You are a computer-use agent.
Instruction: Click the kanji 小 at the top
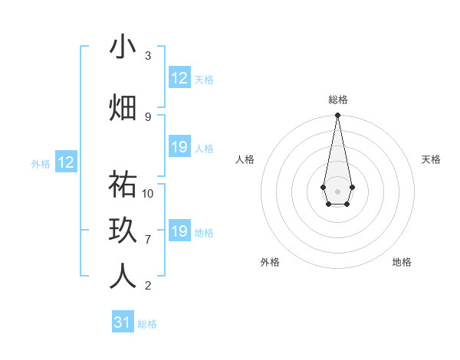click(123, 47)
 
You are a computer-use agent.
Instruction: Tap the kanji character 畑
click(123, 108)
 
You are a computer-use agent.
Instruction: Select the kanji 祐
click(123, 185)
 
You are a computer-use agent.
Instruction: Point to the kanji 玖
click(123, 231)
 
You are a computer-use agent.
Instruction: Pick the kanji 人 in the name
click(123, 277)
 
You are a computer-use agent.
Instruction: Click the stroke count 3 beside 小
click(148, 56)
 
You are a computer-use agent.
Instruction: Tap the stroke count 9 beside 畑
click(148, 116)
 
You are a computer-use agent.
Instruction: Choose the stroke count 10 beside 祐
click(148, 193)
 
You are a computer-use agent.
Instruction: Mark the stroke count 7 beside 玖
click(148, 239)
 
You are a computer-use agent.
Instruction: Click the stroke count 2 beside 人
click(148, 285)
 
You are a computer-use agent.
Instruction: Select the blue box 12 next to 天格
click(179, 78)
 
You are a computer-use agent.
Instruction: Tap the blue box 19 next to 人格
click(179, 147)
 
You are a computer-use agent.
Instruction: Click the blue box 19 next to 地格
click(179, 231)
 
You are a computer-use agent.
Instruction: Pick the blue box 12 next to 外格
click(66, 162)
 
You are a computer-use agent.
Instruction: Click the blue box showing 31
click(123, 322)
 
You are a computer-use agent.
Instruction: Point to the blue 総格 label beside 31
click(147, 324)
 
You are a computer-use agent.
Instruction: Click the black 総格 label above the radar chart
click(338, 100)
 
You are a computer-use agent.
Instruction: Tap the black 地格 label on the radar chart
click(402, 262)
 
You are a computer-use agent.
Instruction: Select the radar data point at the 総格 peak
click(337, 116)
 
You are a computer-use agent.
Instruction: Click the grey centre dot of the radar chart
click(337, 190)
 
